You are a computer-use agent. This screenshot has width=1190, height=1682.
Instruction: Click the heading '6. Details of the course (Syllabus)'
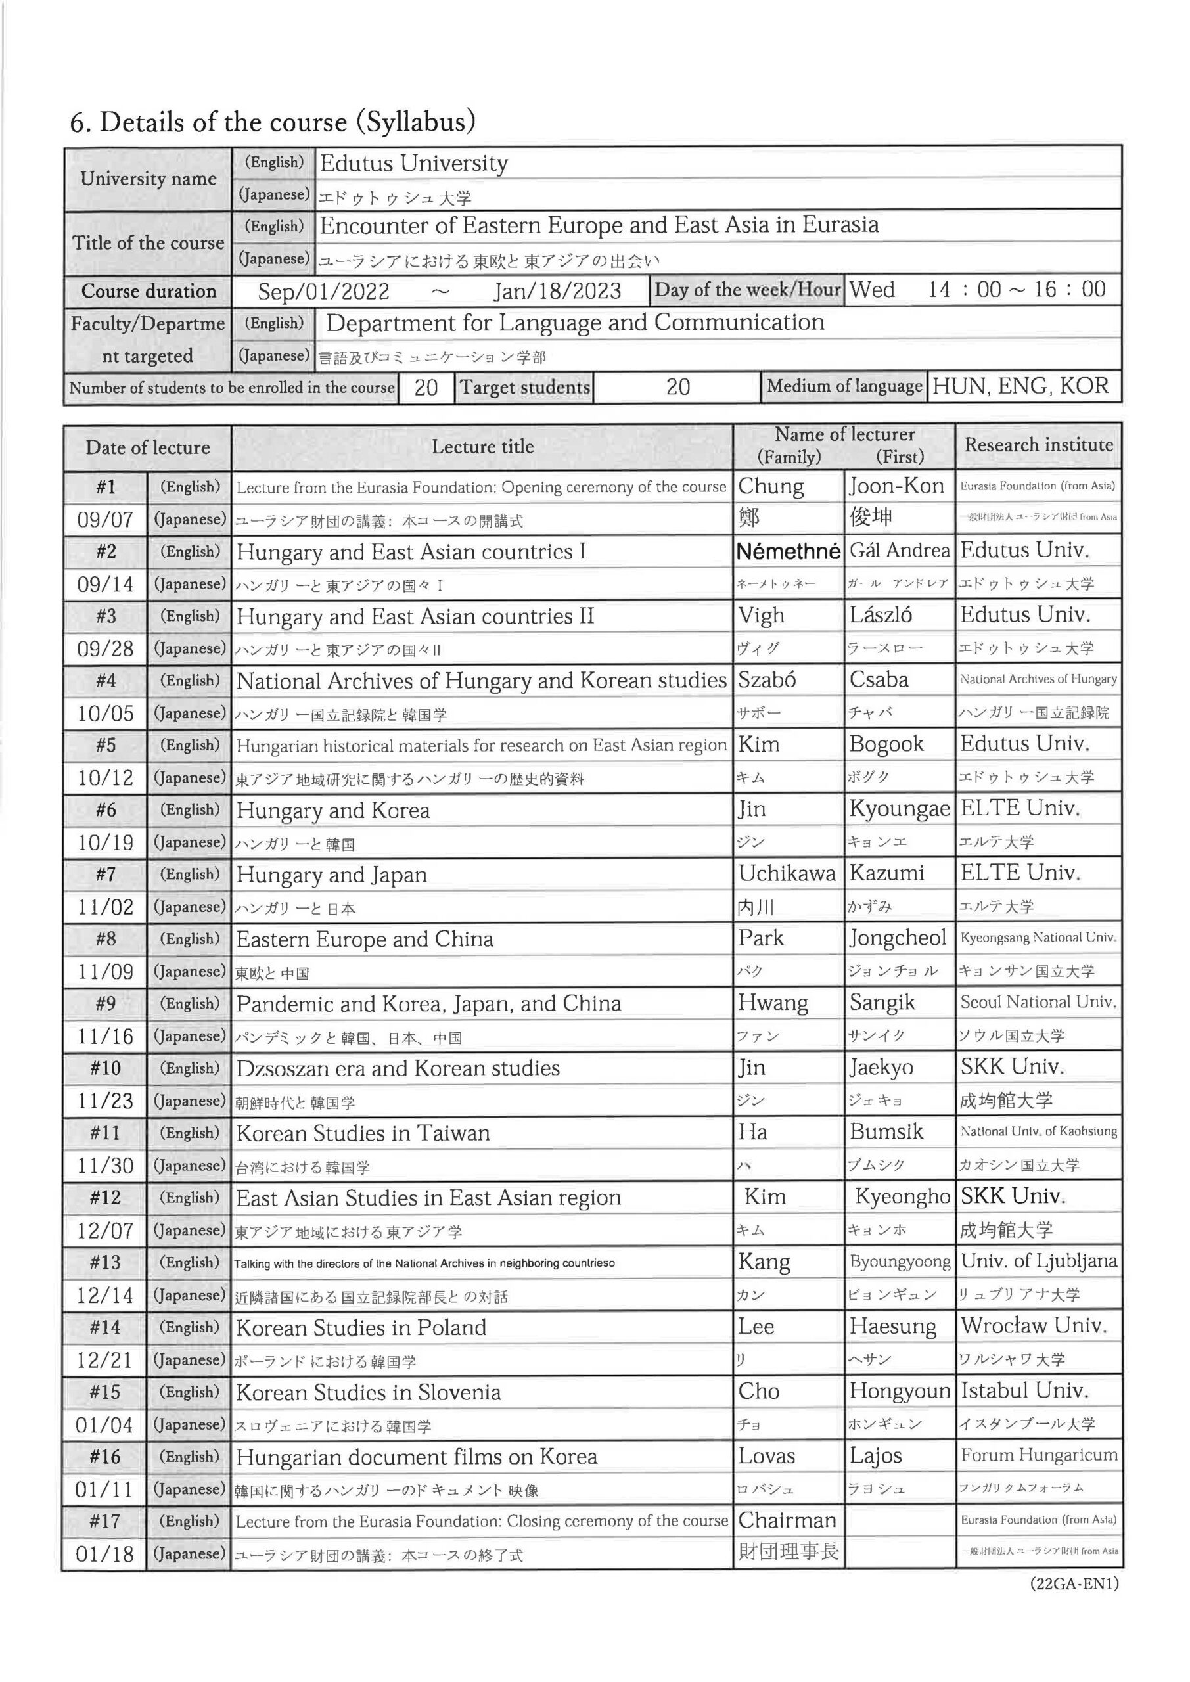pyautogui.click(x=273, y=122)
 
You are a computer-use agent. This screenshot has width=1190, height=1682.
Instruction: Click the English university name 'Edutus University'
pyautogui.click(x=414, y=164)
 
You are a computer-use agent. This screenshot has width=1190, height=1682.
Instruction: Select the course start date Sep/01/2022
pyautogui.click(x=323, y=292)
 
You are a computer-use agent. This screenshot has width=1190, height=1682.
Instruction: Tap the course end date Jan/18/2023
pyautogui.click(x=557, y=292)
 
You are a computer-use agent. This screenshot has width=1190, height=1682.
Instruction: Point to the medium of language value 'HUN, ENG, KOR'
pyautogui.click(x=1020, y=386)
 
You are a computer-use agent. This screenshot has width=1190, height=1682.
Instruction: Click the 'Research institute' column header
pyautogui.click(x=1038, y=445)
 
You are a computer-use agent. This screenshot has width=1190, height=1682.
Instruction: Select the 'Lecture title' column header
pyautogui.click(x=482, y=447)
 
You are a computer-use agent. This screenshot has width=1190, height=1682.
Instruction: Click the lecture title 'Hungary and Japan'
pyautogui.click(x=331, y=875)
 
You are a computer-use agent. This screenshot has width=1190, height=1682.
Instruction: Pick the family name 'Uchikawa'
pyautogui.click(x=787, y=873)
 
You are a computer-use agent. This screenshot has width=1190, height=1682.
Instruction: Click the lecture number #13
pyautogui.click(x=104, y=1262)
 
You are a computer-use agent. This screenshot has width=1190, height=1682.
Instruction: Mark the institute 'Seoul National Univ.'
pyautogui.click(x=1038, y=1002)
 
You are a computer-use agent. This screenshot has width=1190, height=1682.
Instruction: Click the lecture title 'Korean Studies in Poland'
pyautogui.click(x=361, y=1327)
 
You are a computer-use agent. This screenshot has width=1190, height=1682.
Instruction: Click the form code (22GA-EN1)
pyautogui.click(x=1074, y=1584)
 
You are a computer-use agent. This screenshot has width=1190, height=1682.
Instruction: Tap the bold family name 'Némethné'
pyautogui.click(x=788, y=552)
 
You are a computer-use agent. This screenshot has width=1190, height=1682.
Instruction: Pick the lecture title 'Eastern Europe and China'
pyautogui.click(x=364, y=939)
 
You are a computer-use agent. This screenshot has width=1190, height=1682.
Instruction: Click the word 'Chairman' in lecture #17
pyautogui.click(x=787, y=1520)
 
